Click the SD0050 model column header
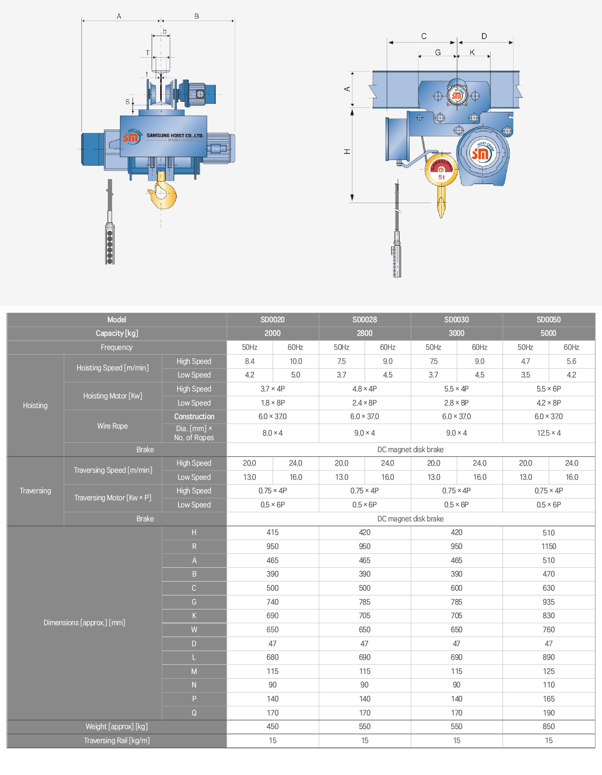[548, 320]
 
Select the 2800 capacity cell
[365, 333]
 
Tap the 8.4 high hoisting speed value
[250, 361]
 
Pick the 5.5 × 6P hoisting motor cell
[548, 389]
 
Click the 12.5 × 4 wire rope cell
[548, 433]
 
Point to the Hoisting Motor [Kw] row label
[112, 396]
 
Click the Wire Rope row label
[112, 426]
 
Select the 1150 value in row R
[548, 546]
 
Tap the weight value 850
[548, 726]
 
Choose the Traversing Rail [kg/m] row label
[116, 740]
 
